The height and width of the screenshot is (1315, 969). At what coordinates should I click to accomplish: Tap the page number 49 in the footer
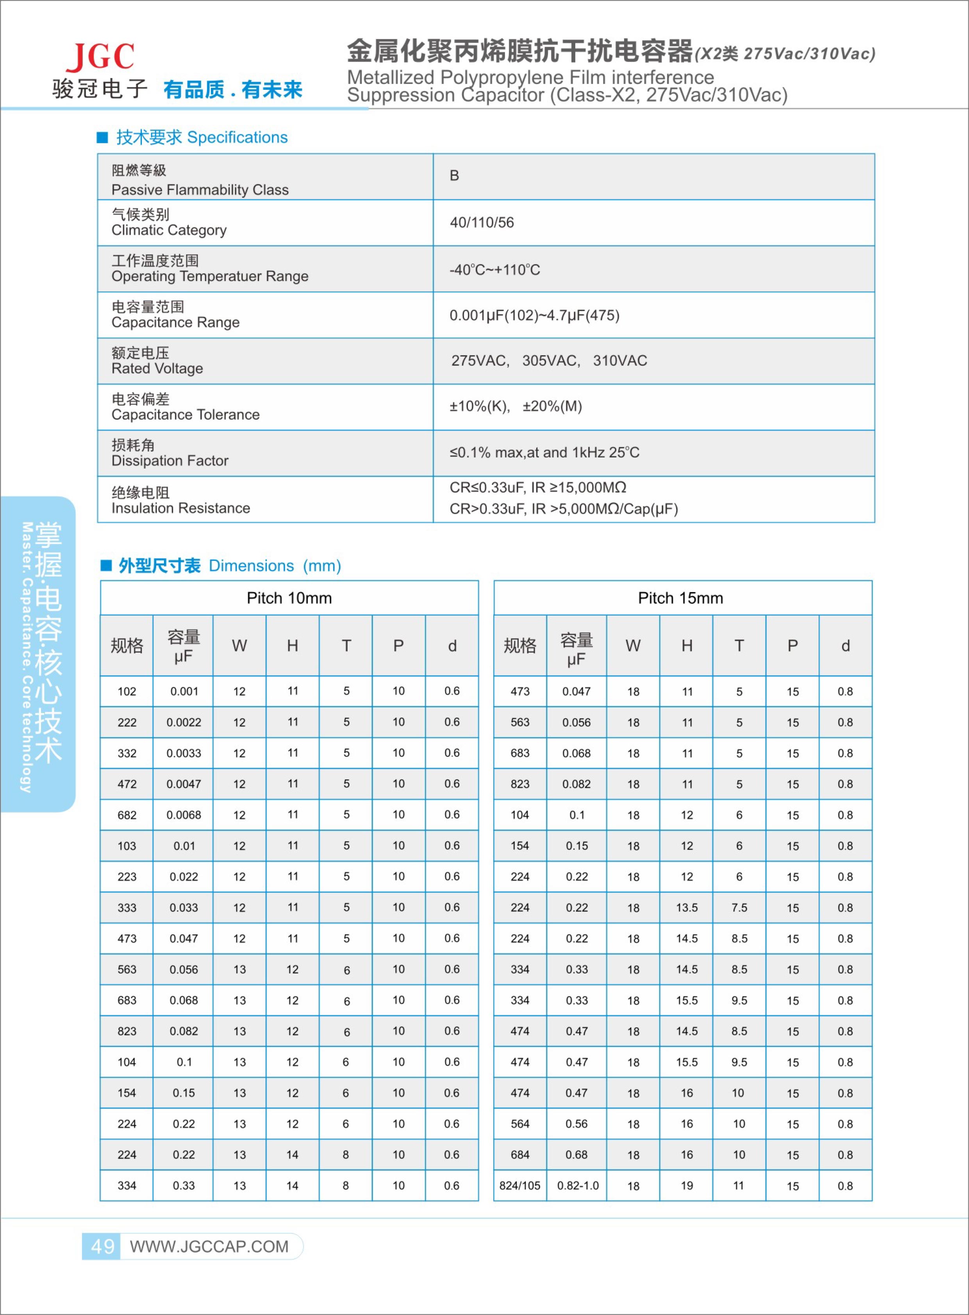click(103, 1246)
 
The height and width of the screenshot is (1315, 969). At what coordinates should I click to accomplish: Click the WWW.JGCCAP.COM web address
click(209, 1246)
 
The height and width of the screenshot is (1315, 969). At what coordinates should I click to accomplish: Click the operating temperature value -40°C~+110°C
click(494, 270)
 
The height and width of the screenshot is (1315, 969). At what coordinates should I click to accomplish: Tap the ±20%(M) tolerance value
click(552, 406)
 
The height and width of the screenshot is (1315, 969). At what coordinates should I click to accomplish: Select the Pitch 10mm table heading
click(289, 598)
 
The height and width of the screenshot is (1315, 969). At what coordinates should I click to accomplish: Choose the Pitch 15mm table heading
click(680, 598)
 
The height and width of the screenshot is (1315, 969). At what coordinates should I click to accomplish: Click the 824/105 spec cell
click(520, 1185)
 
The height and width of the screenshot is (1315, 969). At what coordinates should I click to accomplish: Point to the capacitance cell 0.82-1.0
click(578, 1185)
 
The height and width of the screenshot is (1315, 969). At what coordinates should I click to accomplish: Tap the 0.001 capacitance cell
click(184, 691)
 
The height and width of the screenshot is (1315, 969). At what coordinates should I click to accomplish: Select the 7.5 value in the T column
click(739, 908)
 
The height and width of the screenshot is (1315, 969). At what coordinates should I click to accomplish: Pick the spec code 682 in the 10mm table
click(127, 815)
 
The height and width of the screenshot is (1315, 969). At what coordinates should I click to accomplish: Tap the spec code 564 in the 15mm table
click(520, 1124)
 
